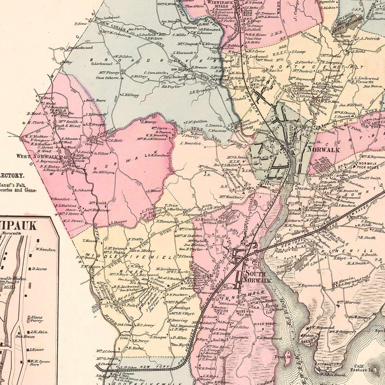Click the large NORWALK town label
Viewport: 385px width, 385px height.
[323, 149]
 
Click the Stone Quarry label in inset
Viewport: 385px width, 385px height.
[36, 319]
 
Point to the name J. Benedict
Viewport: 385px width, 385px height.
[191, 143]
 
